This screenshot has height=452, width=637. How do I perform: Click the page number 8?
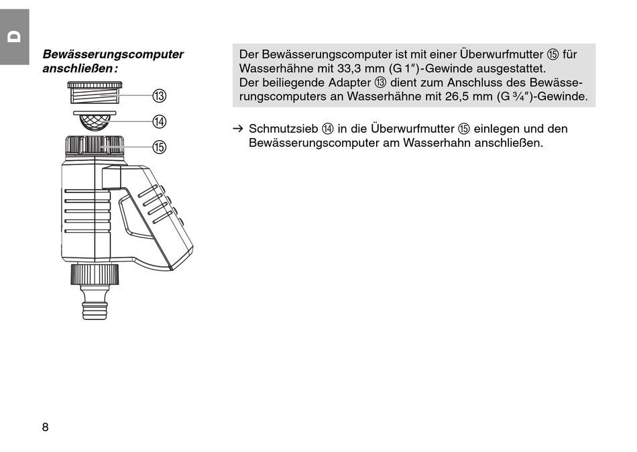[x=45, y=427]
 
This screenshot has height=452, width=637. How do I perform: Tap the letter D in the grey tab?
[x=15, y=37]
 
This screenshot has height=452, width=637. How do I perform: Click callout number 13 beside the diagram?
[x=160, y=96]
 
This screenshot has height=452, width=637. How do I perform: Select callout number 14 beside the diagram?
[x=160, y=121]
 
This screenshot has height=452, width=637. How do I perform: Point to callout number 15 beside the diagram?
[x=160, y=147]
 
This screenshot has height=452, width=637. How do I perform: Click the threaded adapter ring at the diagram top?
[x=95, y=93]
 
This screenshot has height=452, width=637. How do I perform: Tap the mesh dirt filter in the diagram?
[x=95, y=120]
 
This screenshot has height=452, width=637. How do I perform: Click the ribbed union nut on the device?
[x=95, y=145]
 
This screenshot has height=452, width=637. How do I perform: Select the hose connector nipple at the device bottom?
[x=95, y=302]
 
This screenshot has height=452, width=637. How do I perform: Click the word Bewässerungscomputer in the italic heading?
[x=113, y=54]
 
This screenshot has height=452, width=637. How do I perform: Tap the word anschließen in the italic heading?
[x=78, y=68]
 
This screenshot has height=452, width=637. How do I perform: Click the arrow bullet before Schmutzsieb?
[x=237, y=129]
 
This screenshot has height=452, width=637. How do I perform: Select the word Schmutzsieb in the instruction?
[x=284, y=129]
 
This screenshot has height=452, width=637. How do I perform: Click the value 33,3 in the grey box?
[x=348, y=68]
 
